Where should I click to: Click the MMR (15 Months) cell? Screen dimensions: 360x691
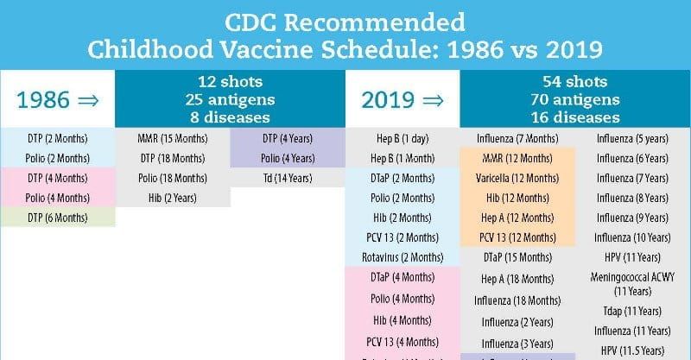[173, 138]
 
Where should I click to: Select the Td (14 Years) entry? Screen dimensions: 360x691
[286, 178]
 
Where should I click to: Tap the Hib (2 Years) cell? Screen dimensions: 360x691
[173, 198]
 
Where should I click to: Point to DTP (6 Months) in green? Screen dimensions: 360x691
[57, 218]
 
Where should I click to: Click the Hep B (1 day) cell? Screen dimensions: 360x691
[402, 138]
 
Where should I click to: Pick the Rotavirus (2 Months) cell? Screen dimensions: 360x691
[402, 257]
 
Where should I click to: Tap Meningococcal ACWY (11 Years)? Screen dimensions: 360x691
[632, 284]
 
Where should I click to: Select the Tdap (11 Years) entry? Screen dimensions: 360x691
[632, 311]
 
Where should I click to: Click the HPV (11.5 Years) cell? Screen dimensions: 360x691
[632, 350]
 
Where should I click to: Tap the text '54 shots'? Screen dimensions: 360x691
[575, 82]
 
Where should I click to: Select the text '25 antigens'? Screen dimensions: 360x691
[229, 99]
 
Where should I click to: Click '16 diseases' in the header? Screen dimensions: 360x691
[575, 117]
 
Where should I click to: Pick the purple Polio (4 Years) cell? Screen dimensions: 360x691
[286, 158]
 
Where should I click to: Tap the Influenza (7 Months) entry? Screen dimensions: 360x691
[517, 138]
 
